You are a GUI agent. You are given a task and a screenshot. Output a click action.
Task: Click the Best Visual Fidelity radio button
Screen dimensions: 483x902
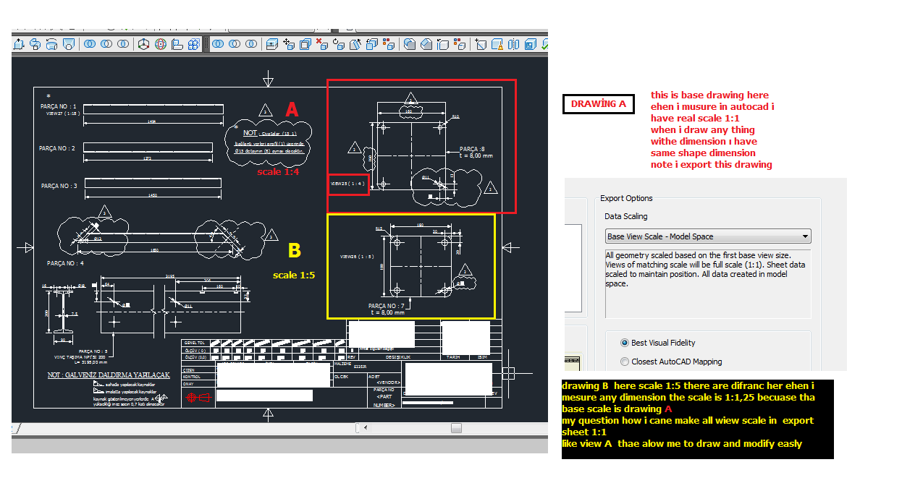pyautogui.click(x=625, y=343)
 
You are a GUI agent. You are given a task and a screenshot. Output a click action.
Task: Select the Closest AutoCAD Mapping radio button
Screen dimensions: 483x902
pyautogui.click(x=625, y=362)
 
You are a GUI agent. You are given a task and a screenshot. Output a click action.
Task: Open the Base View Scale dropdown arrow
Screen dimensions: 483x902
pyautogui.click(x=805, y=236)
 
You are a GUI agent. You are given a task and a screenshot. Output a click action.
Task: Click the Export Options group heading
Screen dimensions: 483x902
pyautogui.click(x=626, y=198)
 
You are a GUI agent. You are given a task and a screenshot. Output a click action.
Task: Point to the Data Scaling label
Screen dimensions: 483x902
pyautogui.click(x=625, y=216)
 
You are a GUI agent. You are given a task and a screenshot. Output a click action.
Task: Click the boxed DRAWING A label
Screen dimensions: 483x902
pyautogui.click(x=598, y=104)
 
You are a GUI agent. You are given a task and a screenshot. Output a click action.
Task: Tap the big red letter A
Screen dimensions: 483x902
pyautogui.click(x=292, y=110)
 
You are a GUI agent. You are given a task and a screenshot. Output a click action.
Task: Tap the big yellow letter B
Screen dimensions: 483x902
pyautogui.click(x=294, y=251)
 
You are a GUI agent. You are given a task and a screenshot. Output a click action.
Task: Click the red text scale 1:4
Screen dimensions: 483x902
pyautogui.click(x=279, y=172)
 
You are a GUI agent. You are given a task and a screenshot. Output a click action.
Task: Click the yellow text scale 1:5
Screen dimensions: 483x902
pyautogui.click(x=294, y=275)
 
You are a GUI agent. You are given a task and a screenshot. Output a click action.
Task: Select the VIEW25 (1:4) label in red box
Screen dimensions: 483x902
pyautogui.click(x=348, y=184)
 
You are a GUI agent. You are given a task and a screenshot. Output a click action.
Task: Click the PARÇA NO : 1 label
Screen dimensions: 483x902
pyautogui.click(x=59, y=106)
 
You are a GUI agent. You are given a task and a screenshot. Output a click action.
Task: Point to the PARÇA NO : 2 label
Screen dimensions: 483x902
pyautogui.click(x=57, y=148)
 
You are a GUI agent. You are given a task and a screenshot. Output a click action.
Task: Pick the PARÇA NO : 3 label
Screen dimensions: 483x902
pyautogui.click(x=59, y=186)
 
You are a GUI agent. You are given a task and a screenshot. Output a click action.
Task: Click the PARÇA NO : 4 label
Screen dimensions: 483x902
pyautogui.click(x=65, y=263)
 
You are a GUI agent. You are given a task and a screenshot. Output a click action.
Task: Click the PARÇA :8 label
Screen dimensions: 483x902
pyautogui.click(x=472, y=148)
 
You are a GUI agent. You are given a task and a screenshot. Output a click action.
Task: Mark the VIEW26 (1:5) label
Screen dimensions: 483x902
pyautogui.click(x=357, y=256)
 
